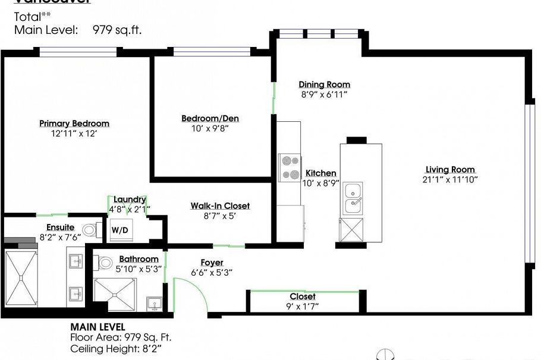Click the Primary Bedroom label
coord(74,124)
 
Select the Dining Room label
coord(324,84)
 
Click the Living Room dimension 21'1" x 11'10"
coord(450,179)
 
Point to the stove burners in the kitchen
coord(290,168)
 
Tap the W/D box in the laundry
coord(119,229)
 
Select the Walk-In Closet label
coord(220,206)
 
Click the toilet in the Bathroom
coord(104,262)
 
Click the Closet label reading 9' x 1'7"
coord(303,296)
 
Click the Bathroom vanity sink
coord(155,305)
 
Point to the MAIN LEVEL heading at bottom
coord(98,327)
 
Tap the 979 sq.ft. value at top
coord(117,30)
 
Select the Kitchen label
coord(321,173)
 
